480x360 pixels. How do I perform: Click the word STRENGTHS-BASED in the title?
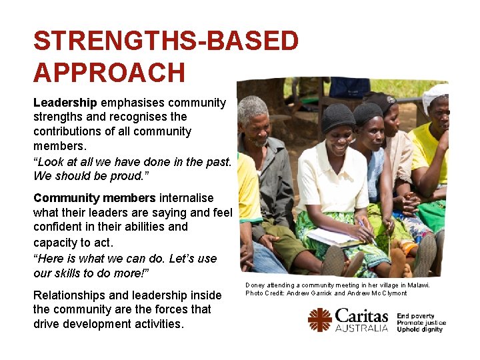166,41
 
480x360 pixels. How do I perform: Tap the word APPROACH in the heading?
109,73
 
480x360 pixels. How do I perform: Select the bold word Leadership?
65,103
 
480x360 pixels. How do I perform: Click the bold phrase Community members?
94,198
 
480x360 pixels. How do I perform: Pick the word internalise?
186,198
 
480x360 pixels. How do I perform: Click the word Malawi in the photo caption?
417,285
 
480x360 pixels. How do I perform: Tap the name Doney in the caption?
254,285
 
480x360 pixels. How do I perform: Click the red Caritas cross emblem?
319,319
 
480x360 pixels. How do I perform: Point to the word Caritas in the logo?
361,315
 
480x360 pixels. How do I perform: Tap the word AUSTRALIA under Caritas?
361,328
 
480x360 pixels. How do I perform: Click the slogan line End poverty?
415,316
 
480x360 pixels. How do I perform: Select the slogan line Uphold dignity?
419,329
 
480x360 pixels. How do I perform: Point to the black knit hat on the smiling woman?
339,117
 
